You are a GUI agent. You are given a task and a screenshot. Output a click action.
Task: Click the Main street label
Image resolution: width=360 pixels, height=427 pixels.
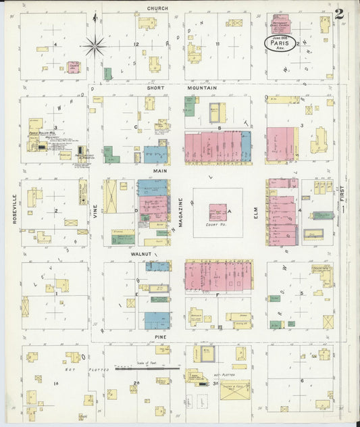(160, 172)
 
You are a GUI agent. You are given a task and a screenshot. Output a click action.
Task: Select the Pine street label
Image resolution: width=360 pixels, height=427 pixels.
(160, 336)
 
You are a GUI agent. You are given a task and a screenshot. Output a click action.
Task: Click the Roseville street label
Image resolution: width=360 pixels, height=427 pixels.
(14, 209)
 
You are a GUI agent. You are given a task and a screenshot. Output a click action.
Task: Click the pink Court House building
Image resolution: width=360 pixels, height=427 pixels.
(217, 212)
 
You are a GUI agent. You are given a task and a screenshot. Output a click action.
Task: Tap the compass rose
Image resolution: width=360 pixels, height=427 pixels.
(95, 46)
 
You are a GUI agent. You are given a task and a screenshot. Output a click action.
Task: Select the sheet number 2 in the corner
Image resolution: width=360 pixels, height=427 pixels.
(338, 14)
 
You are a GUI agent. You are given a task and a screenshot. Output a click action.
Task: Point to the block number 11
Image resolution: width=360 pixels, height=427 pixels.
(217, 44)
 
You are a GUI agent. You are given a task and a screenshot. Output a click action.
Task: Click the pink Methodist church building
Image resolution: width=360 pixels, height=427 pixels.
(280, 24)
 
